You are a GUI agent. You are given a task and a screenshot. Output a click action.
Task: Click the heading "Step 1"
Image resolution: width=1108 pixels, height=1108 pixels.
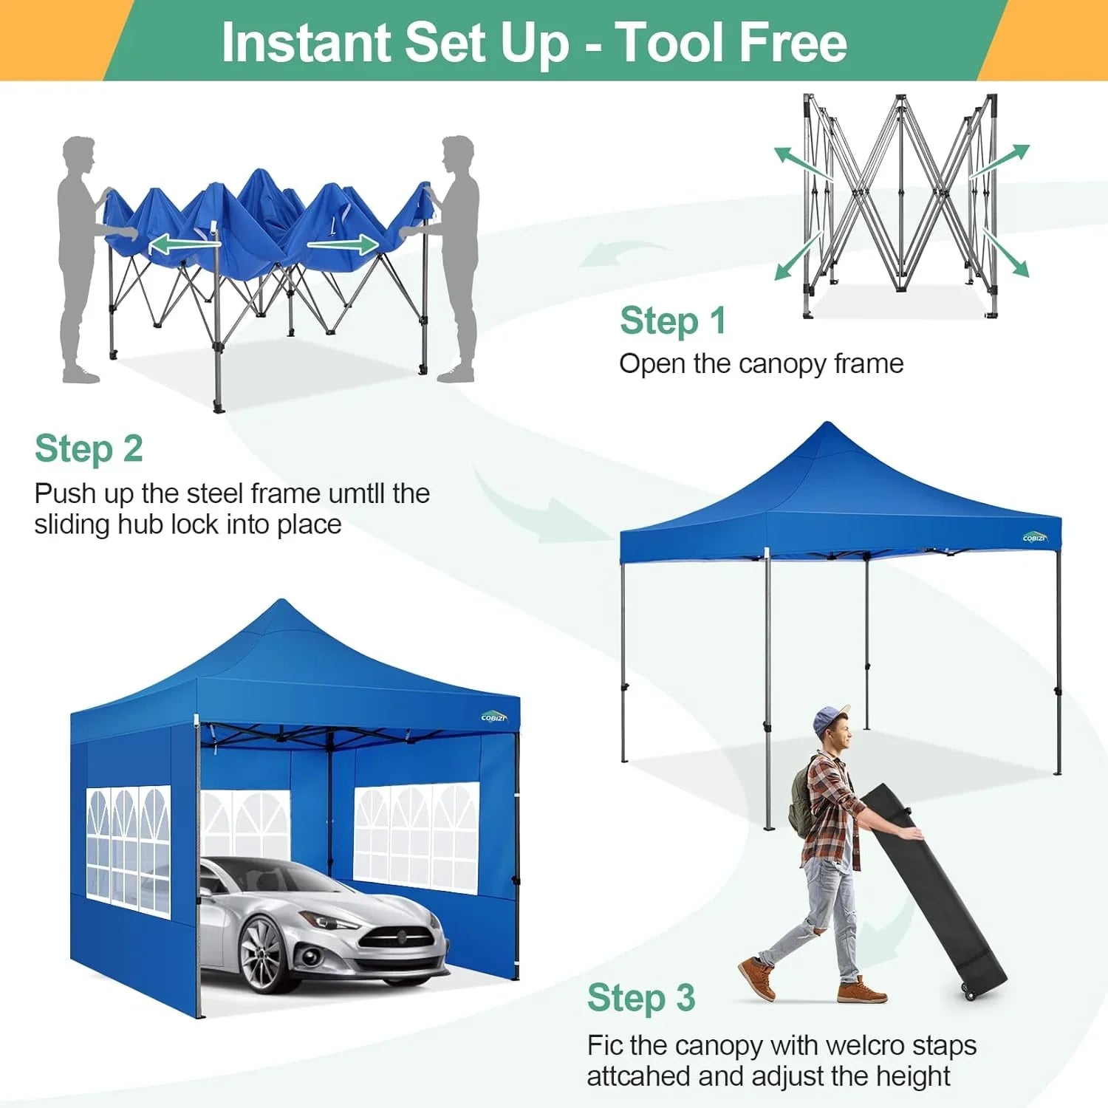tap(672, 321)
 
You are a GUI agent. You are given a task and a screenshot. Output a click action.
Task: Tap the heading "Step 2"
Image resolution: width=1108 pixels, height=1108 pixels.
tap(89, 449)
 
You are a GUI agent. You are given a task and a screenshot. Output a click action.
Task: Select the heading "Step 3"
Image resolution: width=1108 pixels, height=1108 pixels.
tap(640, 998)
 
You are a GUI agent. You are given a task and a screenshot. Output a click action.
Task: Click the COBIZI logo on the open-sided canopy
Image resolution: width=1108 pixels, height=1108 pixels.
tap(1035, 537)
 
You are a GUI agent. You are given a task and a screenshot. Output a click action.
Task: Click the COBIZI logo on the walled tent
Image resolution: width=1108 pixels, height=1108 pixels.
tap(493, 717)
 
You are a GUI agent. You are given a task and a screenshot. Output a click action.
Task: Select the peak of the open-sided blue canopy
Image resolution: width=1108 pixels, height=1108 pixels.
tap(828, 426)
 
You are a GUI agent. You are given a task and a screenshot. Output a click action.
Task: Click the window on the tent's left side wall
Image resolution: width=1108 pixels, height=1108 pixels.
tap(128, 849)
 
